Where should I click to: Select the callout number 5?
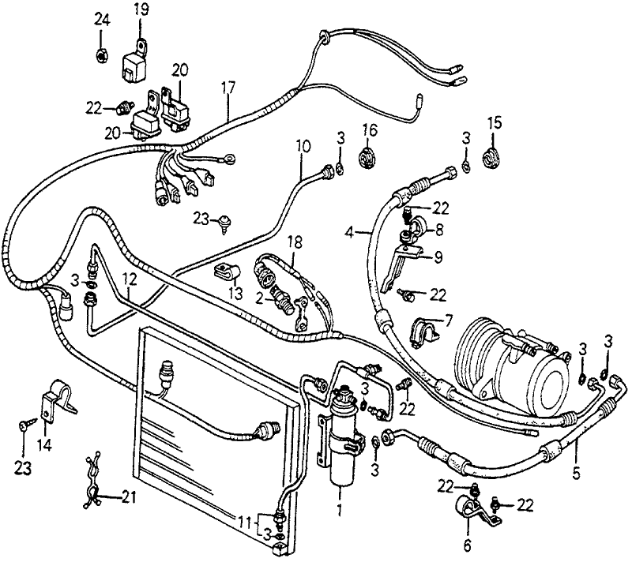click(576, 474)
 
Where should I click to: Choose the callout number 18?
click(294, 241)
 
